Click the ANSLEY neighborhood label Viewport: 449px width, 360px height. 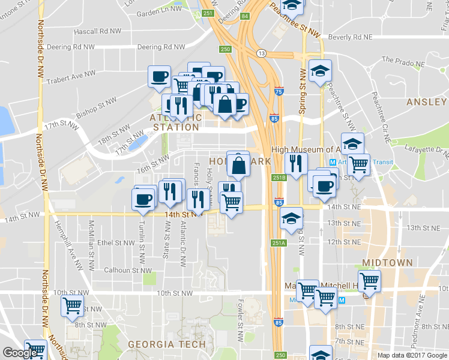[x=426, y=102]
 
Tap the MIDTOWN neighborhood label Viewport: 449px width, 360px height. [x=387, y=263]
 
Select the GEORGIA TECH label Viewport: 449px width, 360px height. [x=167, y=344]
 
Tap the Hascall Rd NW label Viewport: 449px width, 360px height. [x=97, y=31]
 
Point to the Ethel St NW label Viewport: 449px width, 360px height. [x=114, y=243]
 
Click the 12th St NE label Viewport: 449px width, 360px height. [x=343, y=242]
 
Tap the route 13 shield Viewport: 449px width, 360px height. [x=262, y=53]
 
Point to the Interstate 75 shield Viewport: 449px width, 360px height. [x=279, y=91]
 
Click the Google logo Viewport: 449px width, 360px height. [x=20, y=353]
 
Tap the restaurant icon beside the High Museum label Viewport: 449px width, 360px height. [x=295, y=163]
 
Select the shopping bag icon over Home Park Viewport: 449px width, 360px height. [x=238, y=164]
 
